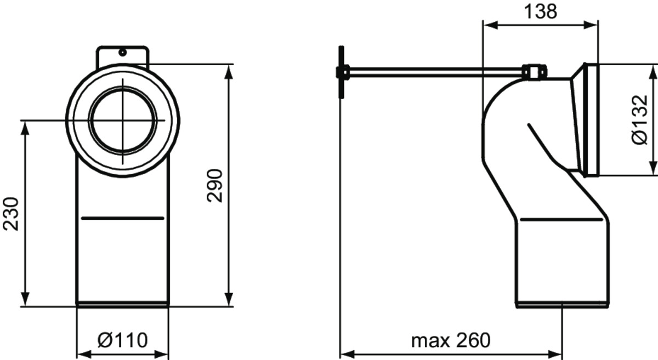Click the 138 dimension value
click(540, 12)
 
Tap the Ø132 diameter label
click(640, 120)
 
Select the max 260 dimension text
click(451, 341)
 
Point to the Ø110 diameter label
click(122, 340)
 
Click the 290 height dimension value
click(214, 186)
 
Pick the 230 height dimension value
click(11, 214)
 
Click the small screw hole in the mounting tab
click(122, 53)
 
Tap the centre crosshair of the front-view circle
click(122, 121)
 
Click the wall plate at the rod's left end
click(341, 72)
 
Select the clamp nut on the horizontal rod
click(535, 72)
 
